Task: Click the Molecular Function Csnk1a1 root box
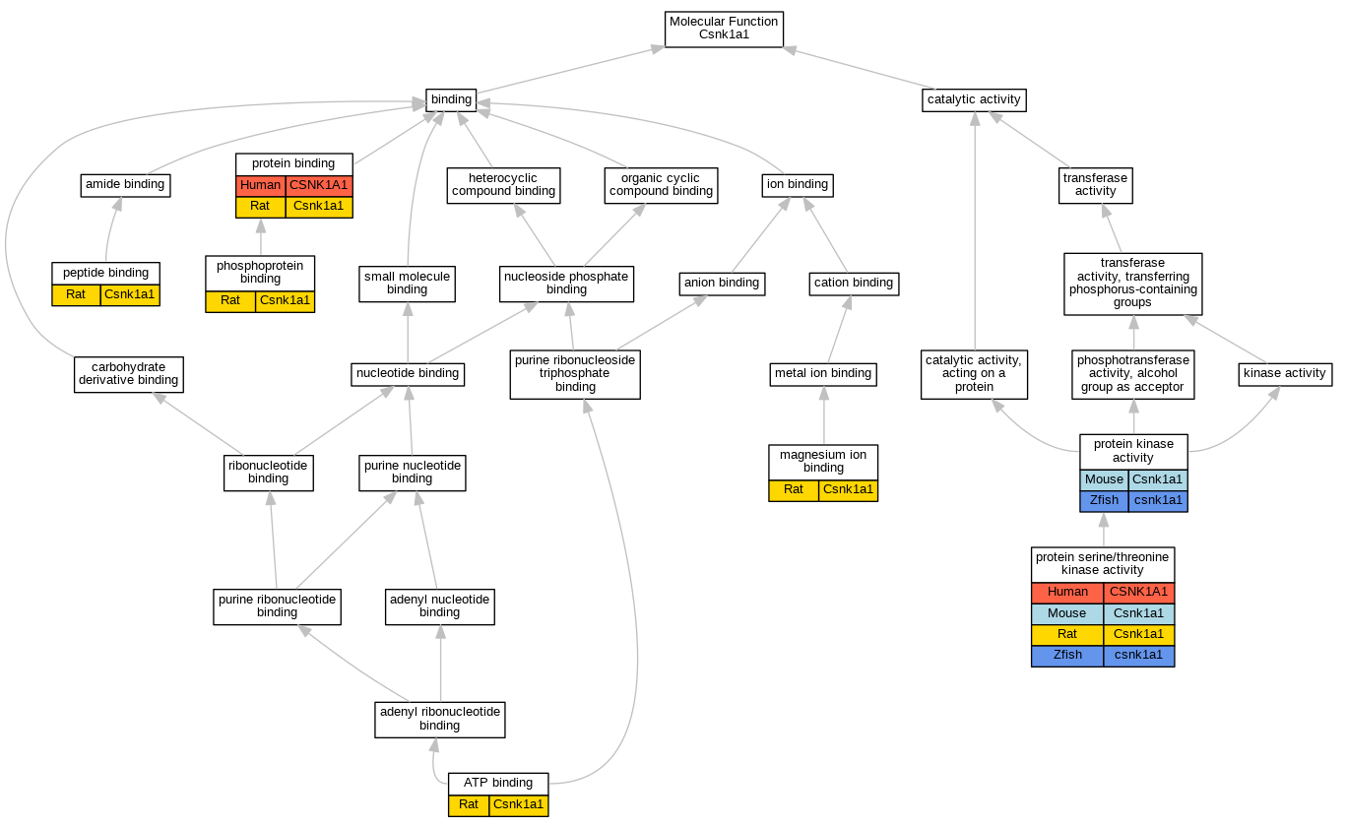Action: click(x=724, y=28)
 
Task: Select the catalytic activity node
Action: click(x=975, y=99)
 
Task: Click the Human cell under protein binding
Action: click(x=261, y=185)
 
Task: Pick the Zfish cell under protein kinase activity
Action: click(x=1104, y=500)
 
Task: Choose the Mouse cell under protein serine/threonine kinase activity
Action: click(x=1067, y=612)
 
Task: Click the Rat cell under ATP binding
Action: click(x=469, y=805)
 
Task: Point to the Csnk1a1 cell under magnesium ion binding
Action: click(x=848, y=489)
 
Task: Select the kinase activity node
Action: click(x=1285, y=373)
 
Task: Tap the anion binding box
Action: click(x=723, y=283)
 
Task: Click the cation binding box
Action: click(x=854, y=283)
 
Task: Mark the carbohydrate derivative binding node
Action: click(x=129, y=373)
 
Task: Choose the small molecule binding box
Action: click(x=407, y=283)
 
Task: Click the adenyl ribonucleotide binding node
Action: click(x=440, y=718)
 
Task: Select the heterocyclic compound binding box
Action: click(x=504, y=184)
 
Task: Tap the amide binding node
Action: click(x=125, y=184)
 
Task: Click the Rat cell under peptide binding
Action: click(x=76, y=294)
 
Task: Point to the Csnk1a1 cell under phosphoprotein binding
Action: click(x=285, y=300)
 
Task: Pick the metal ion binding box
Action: click(x=823, y=373)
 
